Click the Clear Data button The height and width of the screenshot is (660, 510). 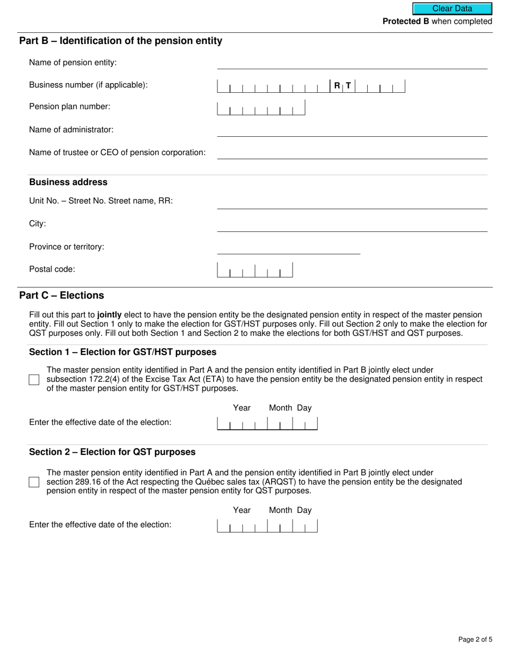click(x=452, y=9)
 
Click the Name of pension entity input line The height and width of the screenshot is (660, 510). click(x=352, y=63)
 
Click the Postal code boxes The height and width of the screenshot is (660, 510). click(x=255, y=270)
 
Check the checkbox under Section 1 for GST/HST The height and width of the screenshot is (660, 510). click(x=34, y=380)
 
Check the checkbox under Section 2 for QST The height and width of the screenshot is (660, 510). click(x=34, y=482)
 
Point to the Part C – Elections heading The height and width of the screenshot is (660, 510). click(x=62, y=296)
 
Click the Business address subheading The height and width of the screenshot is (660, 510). click(x=68, y=182)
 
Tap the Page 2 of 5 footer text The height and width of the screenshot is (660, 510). click(x=475, y=639)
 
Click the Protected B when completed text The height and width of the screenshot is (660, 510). click(x=437, y=21)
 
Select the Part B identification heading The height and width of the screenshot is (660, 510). click(x=121, y=41)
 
